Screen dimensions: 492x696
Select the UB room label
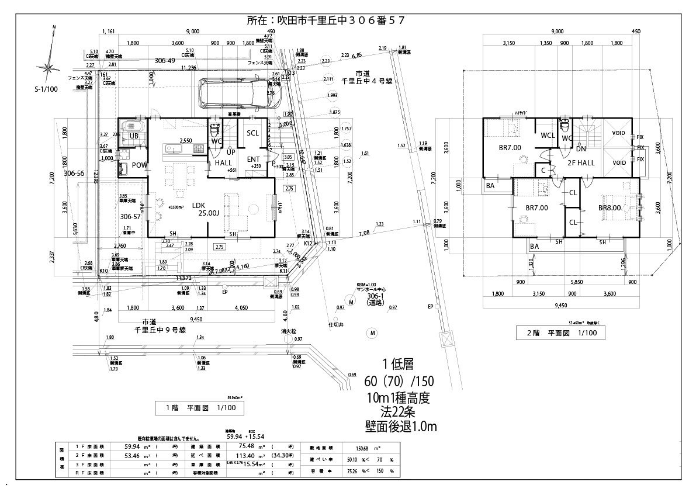tap(134, 136)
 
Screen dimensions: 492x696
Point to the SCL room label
tap(252, 133)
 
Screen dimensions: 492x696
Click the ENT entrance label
tap(254, 159)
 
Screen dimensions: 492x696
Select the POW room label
tap(138, 165)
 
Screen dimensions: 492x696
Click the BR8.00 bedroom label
tap(610, 207)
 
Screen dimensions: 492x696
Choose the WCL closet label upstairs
tap(548, 136)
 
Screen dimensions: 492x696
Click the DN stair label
tap(581, 148)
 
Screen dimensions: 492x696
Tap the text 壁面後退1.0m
tap(398, 427)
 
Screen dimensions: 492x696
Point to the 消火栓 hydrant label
tap(285, 331)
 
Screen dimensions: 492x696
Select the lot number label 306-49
tap(165, 60)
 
